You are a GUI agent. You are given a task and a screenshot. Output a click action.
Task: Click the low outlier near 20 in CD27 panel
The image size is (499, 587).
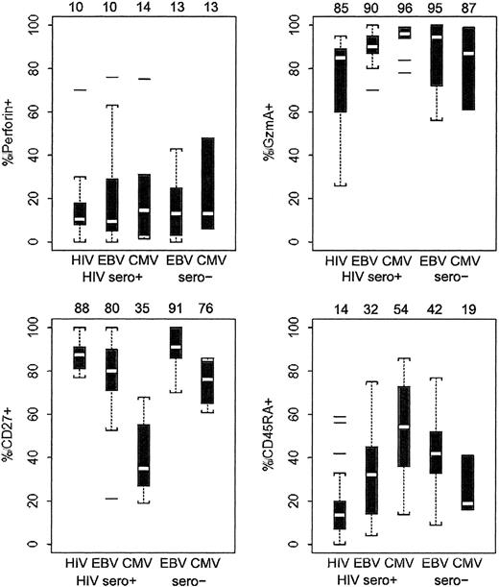[112, 499]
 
